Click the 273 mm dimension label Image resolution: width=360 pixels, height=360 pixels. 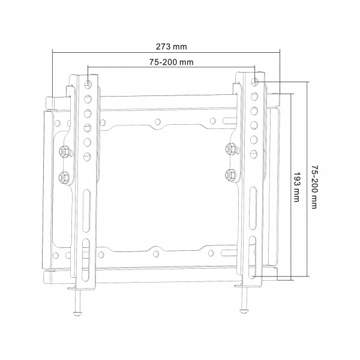(x=172, y=47)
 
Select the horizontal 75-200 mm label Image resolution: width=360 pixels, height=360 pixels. (x=172, y=62)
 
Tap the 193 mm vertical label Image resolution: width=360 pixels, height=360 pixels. (x=297, y=187)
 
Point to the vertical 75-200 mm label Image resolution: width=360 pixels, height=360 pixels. (x=314, y=187)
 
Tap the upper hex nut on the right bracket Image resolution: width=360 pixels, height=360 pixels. (x=230, y=149)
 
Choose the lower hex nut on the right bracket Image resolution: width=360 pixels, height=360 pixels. (x=230, y=175)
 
